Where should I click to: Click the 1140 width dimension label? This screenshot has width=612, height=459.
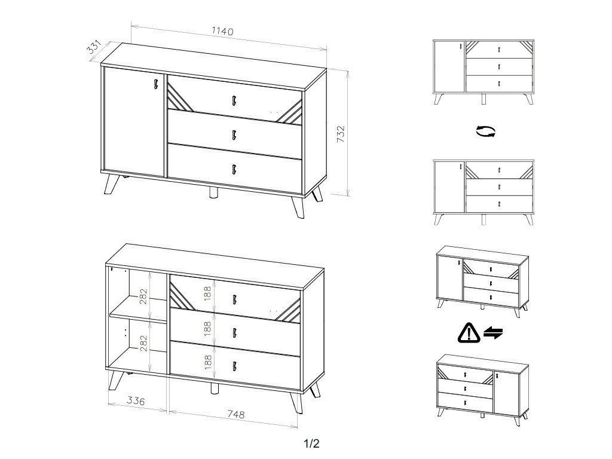pyautogui.click(x=222, y=31)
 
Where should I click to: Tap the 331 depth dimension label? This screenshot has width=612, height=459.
pyautogui.click(x=94, y=47)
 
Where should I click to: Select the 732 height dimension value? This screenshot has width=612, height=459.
pyautogui.click(x=341, y=134)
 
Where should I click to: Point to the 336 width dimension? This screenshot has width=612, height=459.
pyautogui.click(x=136, y=400)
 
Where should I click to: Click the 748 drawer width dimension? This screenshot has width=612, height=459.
pyautogui.click(x=235, y=414)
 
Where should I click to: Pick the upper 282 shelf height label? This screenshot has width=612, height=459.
pyautogui.click(x=143, y=296)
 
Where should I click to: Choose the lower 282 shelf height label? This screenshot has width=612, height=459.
pyautogui.click(x=143, y=343)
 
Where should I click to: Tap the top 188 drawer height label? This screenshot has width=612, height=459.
pyautogui.click(x=207, y=293)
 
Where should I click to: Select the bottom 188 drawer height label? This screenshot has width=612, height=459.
pyautogui.click(x=207, y=362)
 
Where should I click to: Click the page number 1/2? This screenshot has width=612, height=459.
pyautogui.click(x=311, y=443)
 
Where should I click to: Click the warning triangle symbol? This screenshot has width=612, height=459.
pyautogui.click(x=469, y=333)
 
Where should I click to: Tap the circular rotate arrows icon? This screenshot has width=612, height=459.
pyautogui.click(x=486, y=131)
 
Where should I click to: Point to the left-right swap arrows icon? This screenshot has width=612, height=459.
pyautogui.click(x=493, y=333)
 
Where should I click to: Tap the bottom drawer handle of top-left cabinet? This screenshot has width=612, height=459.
pyautogui.click(x=234, y=169)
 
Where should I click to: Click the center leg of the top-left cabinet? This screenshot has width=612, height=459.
pyautogui.click(x=213, y=193)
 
